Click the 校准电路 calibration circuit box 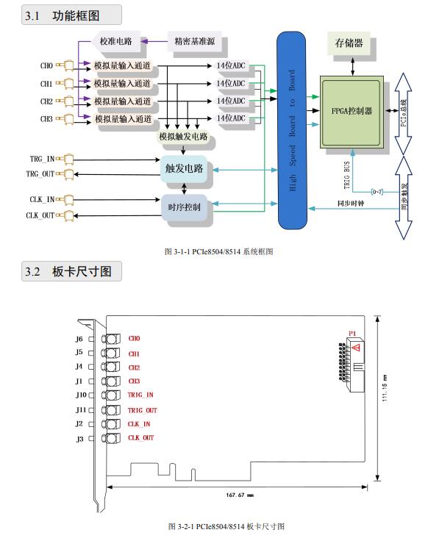click(x=116, y=41)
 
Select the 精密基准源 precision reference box click(x=194, y=41)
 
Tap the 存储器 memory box click(x=349, y=43)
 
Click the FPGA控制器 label click(x=352, y=111)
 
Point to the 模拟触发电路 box click(x=184, y=136)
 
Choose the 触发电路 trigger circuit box click(x=184, y=169)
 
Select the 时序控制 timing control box click(x=185, y=207)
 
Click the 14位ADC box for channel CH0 click(x=231, y=65)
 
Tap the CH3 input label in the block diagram click(x=46, y=119)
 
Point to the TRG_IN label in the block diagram click(x=42, y=159)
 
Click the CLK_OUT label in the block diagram click(x=40, y=215)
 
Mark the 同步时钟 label click(x=351, y=203)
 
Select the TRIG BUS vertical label click(x=347, y=175)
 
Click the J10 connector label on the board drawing click(x=81, y=395)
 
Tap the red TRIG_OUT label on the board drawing click(x=142, y=410)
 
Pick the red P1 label click(x=352, y=334)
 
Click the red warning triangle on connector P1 click(x=356, y=348)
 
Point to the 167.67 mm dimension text click(x=240, y=495)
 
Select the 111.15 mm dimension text click(x=385, y=388)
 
